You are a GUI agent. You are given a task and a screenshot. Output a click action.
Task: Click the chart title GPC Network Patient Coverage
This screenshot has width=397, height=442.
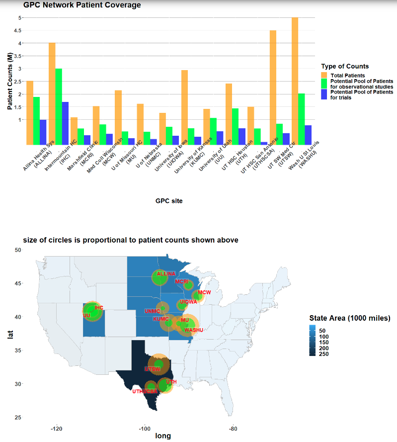(82, 5)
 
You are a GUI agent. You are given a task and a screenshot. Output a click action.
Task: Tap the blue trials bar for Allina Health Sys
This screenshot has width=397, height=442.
(43, 132)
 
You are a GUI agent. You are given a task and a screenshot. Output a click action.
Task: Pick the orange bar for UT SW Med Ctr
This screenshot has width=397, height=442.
(273, 87)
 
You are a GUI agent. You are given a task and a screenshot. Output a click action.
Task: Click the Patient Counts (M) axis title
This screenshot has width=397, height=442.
(10, 81)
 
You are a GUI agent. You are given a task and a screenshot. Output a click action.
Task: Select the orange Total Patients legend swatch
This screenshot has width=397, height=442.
(325, 75)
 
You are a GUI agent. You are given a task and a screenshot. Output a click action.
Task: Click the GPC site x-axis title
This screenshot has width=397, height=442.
(168, 201)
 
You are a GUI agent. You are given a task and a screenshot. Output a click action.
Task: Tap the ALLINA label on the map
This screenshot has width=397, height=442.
(166, 274)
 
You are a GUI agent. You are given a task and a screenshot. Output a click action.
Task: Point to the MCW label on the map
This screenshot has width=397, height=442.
(205, 292)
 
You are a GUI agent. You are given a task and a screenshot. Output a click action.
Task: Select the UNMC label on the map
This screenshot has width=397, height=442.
(152, 311)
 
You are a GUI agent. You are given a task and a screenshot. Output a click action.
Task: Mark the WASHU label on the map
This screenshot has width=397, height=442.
(194, 330)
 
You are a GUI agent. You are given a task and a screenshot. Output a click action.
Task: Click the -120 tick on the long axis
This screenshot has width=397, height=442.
(57, 429)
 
